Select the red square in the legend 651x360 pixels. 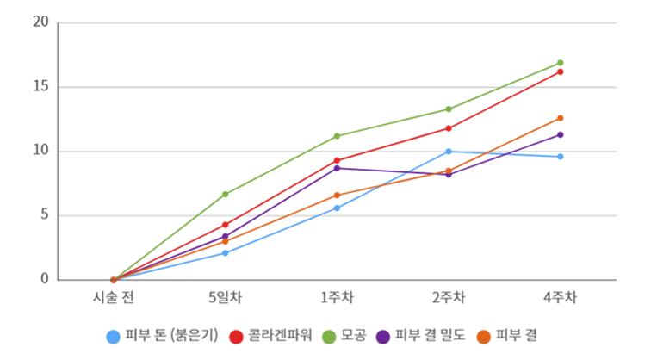coord(231,332)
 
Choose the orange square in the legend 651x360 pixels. coord(487,332)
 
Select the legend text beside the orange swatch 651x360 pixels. coord(518,332)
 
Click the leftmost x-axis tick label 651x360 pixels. coord(112,295)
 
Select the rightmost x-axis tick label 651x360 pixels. coord(562,295)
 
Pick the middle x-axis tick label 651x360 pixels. coord(336,295)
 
